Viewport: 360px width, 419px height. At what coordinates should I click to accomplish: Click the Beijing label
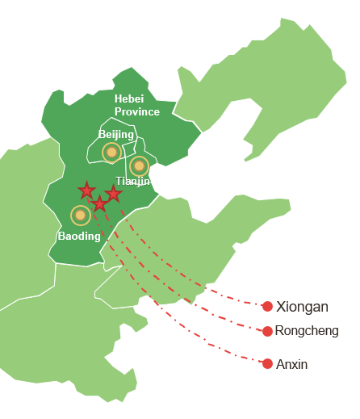(x=116, y=134)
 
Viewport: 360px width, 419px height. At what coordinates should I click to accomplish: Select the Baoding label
(x=79, y=236)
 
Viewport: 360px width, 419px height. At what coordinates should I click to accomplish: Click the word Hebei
(x=129, y=98)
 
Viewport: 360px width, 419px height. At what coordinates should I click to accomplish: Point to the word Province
(x=137, y=111)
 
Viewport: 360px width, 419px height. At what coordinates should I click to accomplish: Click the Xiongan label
(x=302, y=307)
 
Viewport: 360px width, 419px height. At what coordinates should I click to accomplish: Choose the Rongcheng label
(x=307, y=331)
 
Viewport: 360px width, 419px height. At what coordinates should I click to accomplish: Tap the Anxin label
(x=291, y=365)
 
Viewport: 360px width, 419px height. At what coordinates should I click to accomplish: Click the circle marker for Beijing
(x=111, y=152)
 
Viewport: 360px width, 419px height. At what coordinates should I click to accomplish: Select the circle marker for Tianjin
(x=139, y=166)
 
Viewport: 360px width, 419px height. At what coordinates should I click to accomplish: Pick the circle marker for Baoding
(x=80, y=215)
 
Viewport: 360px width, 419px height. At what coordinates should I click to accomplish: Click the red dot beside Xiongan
(x=267, y=306)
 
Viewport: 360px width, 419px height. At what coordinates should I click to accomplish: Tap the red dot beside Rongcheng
(x=267, y=331)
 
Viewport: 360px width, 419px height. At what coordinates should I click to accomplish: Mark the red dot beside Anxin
(x=267, y=364)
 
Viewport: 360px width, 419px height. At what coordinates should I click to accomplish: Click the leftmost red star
(x=86, y=191)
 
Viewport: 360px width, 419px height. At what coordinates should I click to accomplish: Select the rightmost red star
(x=114, y=194)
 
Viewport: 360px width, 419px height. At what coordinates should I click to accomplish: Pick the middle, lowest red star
(x=99, y=203)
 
